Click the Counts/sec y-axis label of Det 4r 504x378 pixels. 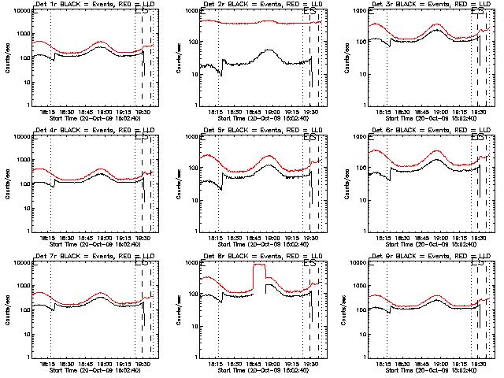tap(6, 183)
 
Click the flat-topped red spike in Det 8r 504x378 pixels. tap(259, 265)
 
